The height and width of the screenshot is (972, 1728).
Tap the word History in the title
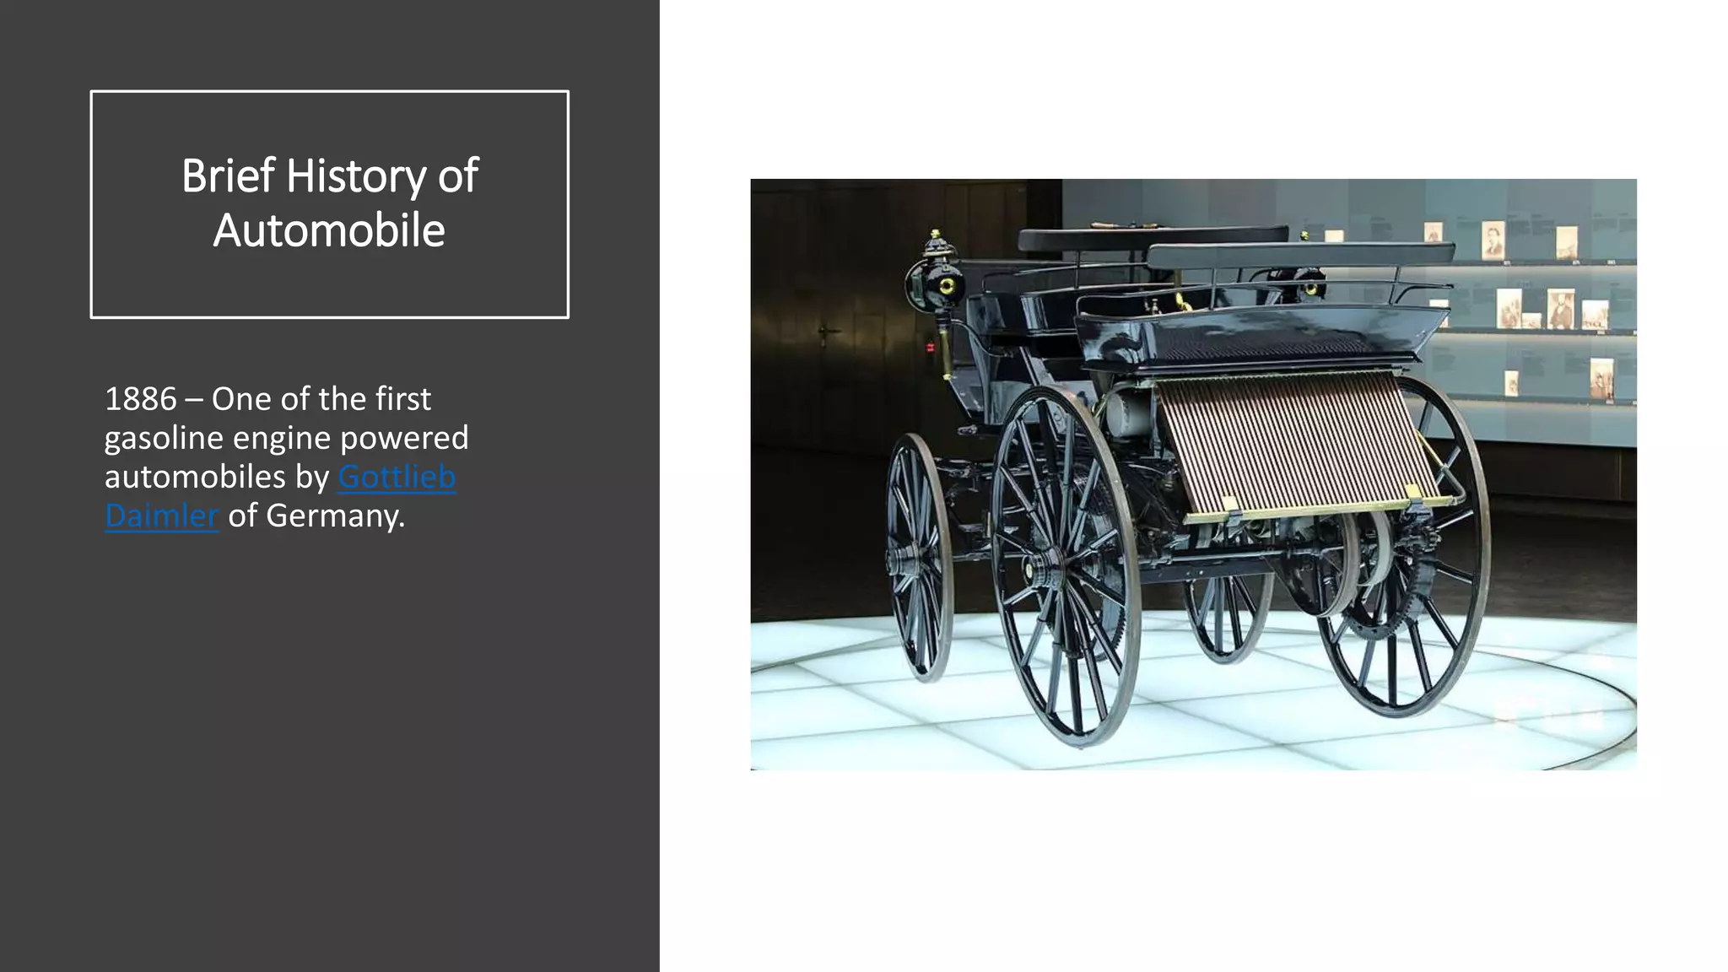coord(356,177)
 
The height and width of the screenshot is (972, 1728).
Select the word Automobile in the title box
coord(329,230)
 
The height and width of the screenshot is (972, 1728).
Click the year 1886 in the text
coord(140,399)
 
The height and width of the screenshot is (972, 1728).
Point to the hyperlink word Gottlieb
coord(397,478)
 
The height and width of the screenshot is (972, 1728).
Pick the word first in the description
coord(402,399)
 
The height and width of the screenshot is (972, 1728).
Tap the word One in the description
coord(239,399)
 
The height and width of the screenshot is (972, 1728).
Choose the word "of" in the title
coord(457,175)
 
